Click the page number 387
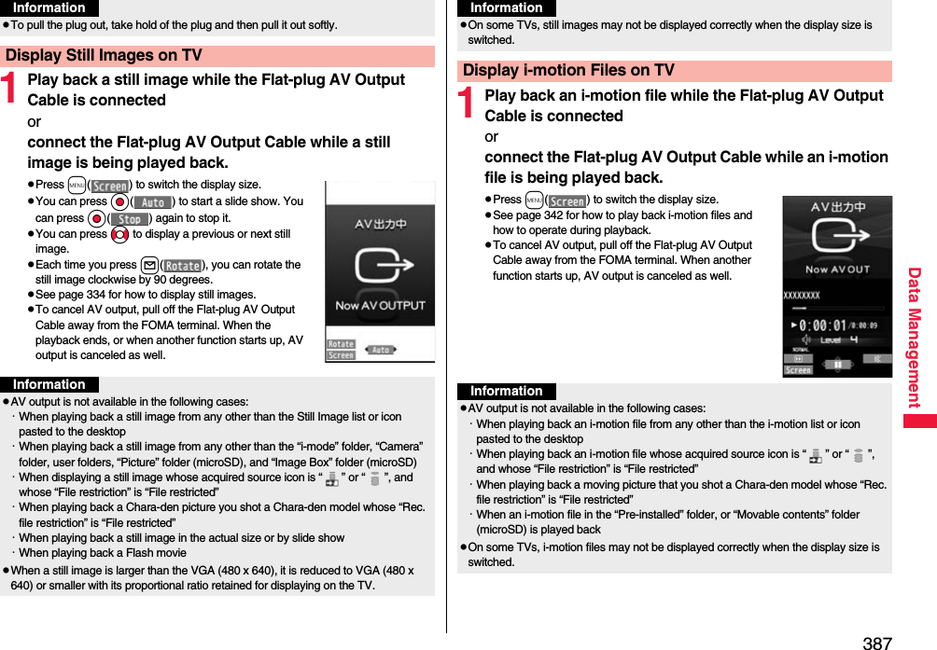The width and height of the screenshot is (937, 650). tap(877, 642)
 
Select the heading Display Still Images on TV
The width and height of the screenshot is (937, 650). tap(104, 56)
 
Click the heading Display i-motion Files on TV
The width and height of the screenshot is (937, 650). tap(568, 71)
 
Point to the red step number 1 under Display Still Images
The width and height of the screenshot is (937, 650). tap(10, 90)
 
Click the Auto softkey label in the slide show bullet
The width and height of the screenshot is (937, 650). tap(152, 202)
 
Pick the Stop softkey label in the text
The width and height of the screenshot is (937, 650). tap(130, 219)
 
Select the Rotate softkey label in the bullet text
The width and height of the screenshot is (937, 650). tap(183, 266)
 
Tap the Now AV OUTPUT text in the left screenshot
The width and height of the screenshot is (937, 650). tap(380, 306)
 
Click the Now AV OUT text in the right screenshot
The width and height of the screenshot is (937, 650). tap(837, 270)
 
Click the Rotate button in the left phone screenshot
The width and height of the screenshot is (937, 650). tap(341, 344)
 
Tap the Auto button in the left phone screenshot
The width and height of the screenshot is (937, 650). tap(380, 350)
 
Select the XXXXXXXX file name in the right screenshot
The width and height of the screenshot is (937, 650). tap(801, 296)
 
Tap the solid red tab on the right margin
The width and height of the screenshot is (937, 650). tap(919, 422)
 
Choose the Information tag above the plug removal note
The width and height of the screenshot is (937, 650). tap(49, 7)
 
